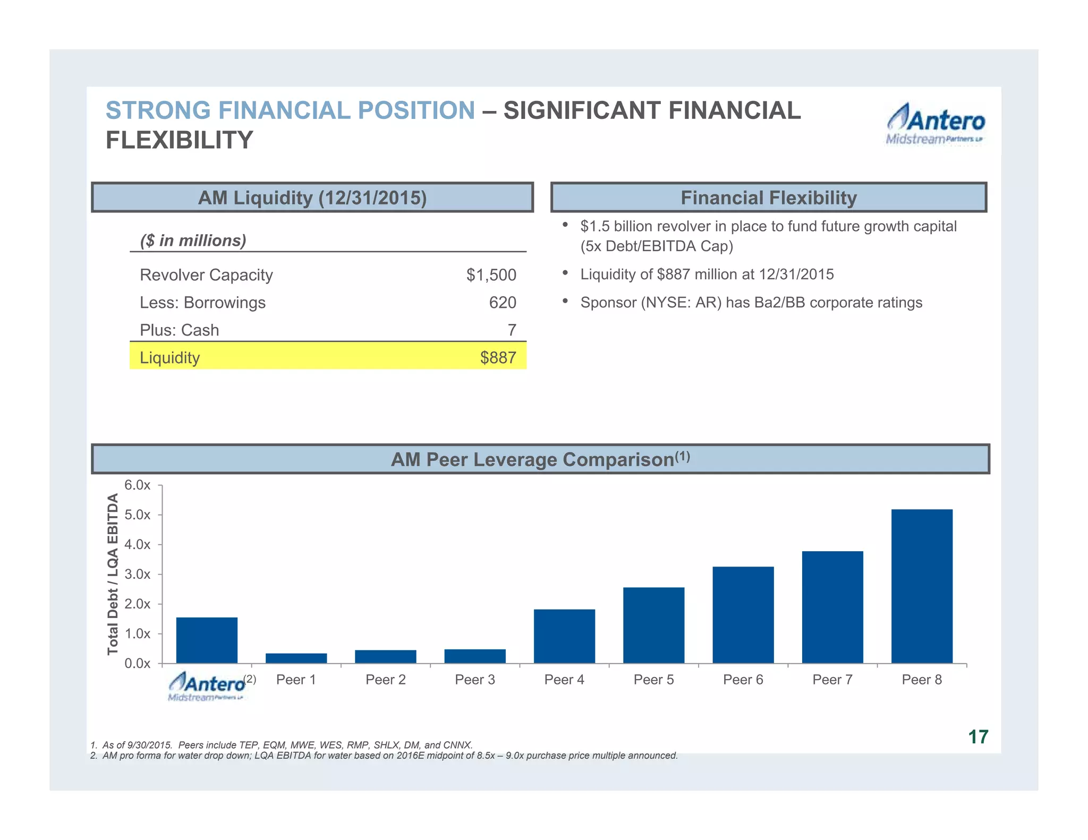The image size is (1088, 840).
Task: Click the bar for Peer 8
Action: click(x=922, y=586)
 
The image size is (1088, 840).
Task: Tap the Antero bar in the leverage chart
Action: click(x=207, y=640)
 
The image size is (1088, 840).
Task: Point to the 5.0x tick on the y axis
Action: click(x=138, y=515)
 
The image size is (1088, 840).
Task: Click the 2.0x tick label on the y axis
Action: click(x=138, y=604)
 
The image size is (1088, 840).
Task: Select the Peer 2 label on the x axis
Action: click(x=386, y=680)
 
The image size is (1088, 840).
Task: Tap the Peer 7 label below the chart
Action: click(x=832, y=680)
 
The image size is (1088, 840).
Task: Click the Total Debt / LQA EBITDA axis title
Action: click(x=113, y=574)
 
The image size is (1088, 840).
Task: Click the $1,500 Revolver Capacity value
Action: click(x=491, y=275)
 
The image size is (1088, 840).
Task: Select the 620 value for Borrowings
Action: click(x=502, y=303)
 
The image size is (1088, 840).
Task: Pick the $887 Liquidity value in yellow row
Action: click(x=498, y=358)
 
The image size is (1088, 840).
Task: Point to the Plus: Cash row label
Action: click(x=180, y=330)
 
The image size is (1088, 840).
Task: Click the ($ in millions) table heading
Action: click(x=193, y=241)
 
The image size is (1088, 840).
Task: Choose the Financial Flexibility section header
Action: click(x=769, y=198)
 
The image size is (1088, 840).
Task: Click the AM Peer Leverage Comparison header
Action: click(x=540, y=459)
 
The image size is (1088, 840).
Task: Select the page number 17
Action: click(x=978, y=737)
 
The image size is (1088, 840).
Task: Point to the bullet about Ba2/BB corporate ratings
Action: click(x=751, y=303)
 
